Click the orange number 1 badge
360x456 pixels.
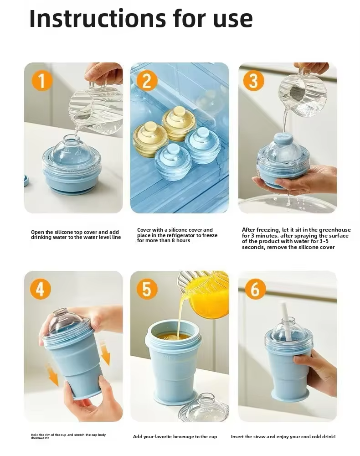pos(42,81)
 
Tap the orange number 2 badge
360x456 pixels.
pos(147,81)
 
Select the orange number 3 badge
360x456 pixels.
pos(254,81)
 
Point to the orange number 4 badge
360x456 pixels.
pos(41,289)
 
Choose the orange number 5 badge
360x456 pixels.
pos(147,289)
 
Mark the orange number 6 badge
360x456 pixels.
pos(255,289)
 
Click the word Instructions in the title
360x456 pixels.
pos(98,18)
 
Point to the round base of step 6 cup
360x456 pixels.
pos(290,396)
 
